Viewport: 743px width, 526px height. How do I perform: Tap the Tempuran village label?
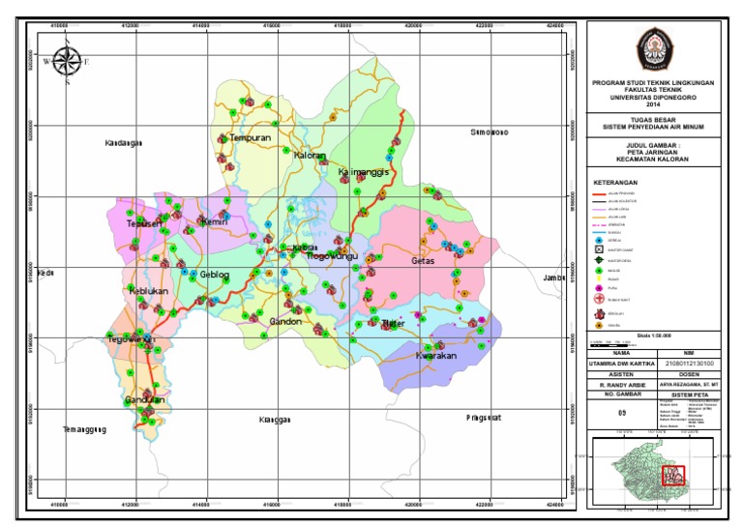coord(250,137)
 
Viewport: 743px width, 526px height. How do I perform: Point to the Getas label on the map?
coord(424,261)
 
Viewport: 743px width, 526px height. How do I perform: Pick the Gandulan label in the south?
coord(145,399)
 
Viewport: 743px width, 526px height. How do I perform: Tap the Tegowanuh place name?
coord(131,339)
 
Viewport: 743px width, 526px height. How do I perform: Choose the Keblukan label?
coord(148,290)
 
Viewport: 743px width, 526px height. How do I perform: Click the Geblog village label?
coord(215,275)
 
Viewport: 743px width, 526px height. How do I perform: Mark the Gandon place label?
coord(286,321)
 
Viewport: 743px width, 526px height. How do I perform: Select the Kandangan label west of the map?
coord(122,142)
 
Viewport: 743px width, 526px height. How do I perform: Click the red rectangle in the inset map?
coord(672,475)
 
